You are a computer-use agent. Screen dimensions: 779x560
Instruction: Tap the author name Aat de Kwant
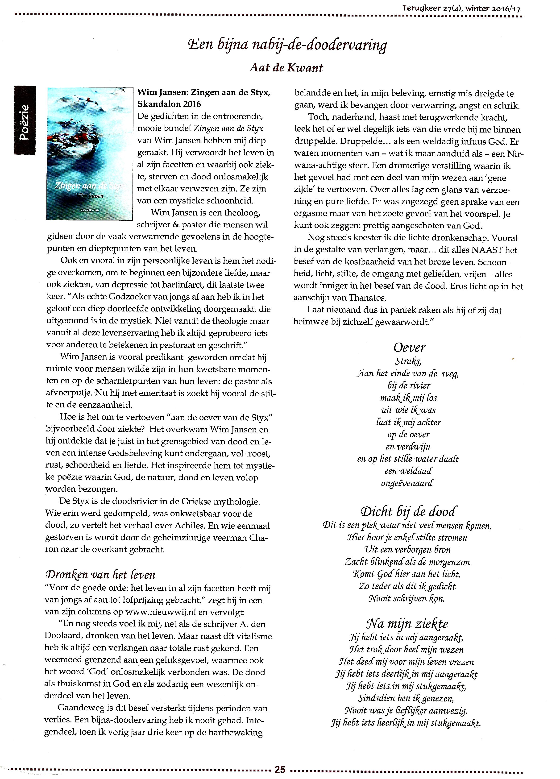pos(286,68)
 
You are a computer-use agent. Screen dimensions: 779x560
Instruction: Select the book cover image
pos(90,153)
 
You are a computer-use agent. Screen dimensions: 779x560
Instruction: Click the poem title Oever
pos(409,348)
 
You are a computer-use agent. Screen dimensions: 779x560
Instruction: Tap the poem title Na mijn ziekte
pos(407,623)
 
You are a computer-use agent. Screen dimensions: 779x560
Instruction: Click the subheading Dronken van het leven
pos(100,574)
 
